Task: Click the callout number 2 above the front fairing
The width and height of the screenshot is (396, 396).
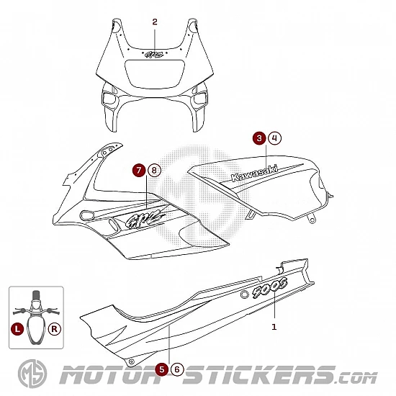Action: pyautogui.click(x=155, y=22)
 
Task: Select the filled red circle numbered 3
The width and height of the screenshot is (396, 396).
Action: pyautogui.click(x=259, y=138)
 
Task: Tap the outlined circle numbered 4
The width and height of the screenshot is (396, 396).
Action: pyautogui.click(x=275, y=138)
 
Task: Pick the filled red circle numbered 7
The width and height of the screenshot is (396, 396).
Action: pyautogui.click(x=139, y=170)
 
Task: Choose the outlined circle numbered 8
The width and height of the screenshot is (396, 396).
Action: pyautogui.click(x=154, y=170)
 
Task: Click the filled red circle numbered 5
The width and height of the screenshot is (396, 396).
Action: pyautogui.click(x=162, y=369)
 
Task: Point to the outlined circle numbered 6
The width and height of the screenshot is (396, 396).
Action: pyautogui.click(x=177, y=369)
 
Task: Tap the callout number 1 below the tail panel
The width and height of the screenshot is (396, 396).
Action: pyautogui.click(x=274, y=327)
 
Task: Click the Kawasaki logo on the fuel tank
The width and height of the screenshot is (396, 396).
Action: pyautogui.click(x=254, y=174)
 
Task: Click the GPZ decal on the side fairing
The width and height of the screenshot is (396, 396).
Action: pyautogui.click(x=145, y=217)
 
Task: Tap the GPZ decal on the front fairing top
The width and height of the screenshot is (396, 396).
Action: pyautogui.click(x=154, y=54)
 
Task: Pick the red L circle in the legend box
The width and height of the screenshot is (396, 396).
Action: pyautogui.click(x=17, y=329)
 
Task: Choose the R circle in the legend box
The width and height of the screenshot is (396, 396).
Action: pyautogui.click(x=55, y=329)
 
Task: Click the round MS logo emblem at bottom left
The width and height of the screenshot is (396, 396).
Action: pyautogui.click(x=32, y=374)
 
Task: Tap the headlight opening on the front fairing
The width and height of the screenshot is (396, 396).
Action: pyautogui.click(x=155, y=74)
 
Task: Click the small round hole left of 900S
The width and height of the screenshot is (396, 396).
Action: pyautogui.click(x=245, y=294)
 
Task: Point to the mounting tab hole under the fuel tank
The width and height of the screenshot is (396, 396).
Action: pyautogui.click(x=312, y=220)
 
